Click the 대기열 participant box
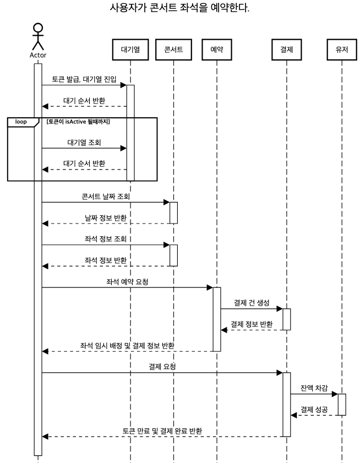tap(130, 50)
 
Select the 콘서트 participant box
tap(173, 50)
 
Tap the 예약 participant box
tap(216, 50)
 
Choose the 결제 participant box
tap(286, 50)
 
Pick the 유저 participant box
tap(341, 50)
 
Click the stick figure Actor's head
tap(38, 28)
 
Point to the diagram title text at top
tap(181, 9)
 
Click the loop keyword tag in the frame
tap(21, 122)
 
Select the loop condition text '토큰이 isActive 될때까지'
tap(79, 122)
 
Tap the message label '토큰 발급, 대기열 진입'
tap(84, 79)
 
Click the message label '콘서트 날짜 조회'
tap(105, 197)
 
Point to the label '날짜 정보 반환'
tap(105, 218)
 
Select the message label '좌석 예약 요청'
tap(127, 281)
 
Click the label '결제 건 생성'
tap(251, 303)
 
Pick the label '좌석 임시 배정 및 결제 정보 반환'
tap(127, 345)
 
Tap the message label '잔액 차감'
tap(314, 388)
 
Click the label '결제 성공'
tap(314, 409)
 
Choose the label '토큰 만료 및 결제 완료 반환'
tap(162, 431)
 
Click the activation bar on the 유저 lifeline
tap(341, 404)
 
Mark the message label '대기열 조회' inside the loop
tap(84, 143)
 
